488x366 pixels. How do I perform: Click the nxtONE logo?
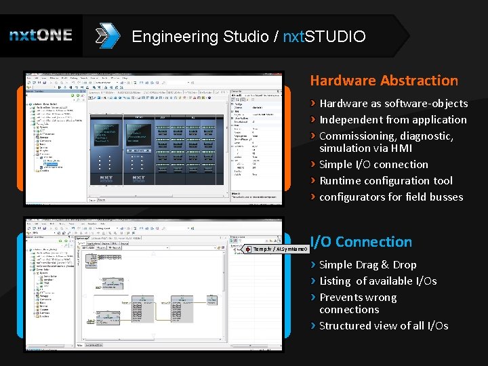coord(41,36)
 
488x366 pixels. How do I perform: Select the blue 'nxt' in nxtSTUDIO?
coord(291,37)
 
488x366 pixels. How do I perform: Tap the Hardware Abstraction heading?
coord(384,81)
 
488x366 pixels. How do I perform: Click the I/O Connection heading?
coord(361,242)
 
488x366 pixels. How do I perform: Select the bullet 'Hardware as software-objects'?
coord(393,104)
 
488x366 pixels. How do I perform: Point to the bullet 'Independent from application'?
coord(392,120)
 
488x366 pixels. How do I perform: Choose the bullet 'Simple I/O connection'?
coord(373,165)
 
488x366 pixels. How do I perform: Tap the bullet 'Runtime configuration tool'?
coord(386,181)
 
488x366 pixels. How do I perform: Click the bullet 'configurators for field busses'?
coord(391,197)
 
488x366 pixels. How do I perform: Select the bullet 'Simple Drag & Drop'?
coord(367,265)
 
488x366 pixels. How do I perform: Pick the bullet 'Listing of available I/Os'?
coord(378,281)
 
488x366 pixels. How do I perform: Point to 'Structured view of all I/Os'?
coord(384,326)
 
